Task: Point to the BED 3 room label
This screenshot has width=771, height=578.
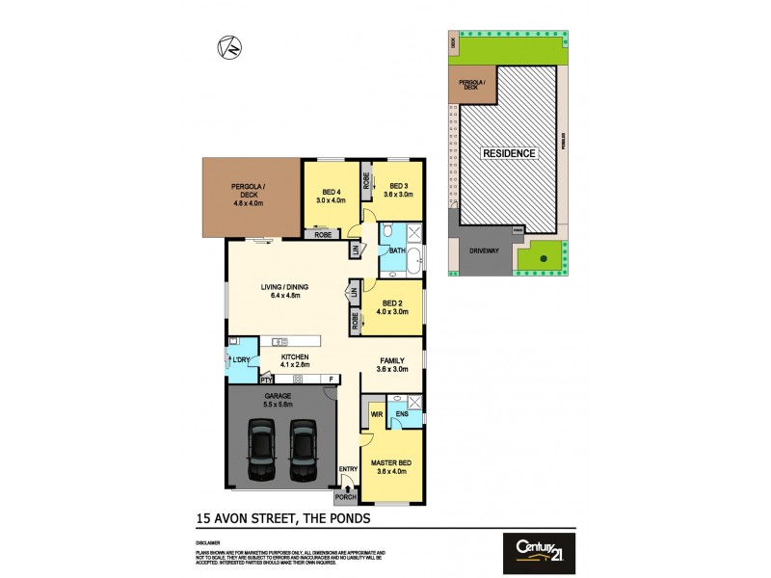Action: click(x=399, y=189)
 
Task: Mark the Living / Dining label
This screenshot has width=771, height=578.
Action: click(x=285, y=290)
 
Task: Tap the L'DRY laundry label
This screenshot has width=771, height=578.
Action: click(x=241, y=360)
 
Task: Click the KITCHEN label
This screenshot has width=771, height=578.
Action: click(x=294, y=360)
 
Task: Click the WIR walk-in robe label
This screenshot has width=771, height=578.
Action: click(x=375, y=416)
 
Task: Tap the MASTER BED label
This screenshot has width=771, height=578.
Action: click(x=390, y=467)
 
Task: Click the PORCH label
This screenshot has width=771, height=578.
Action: click(x=344, y=498)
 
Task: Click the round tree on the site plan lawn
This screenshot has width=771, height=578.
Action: click(x=543, y=257)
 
